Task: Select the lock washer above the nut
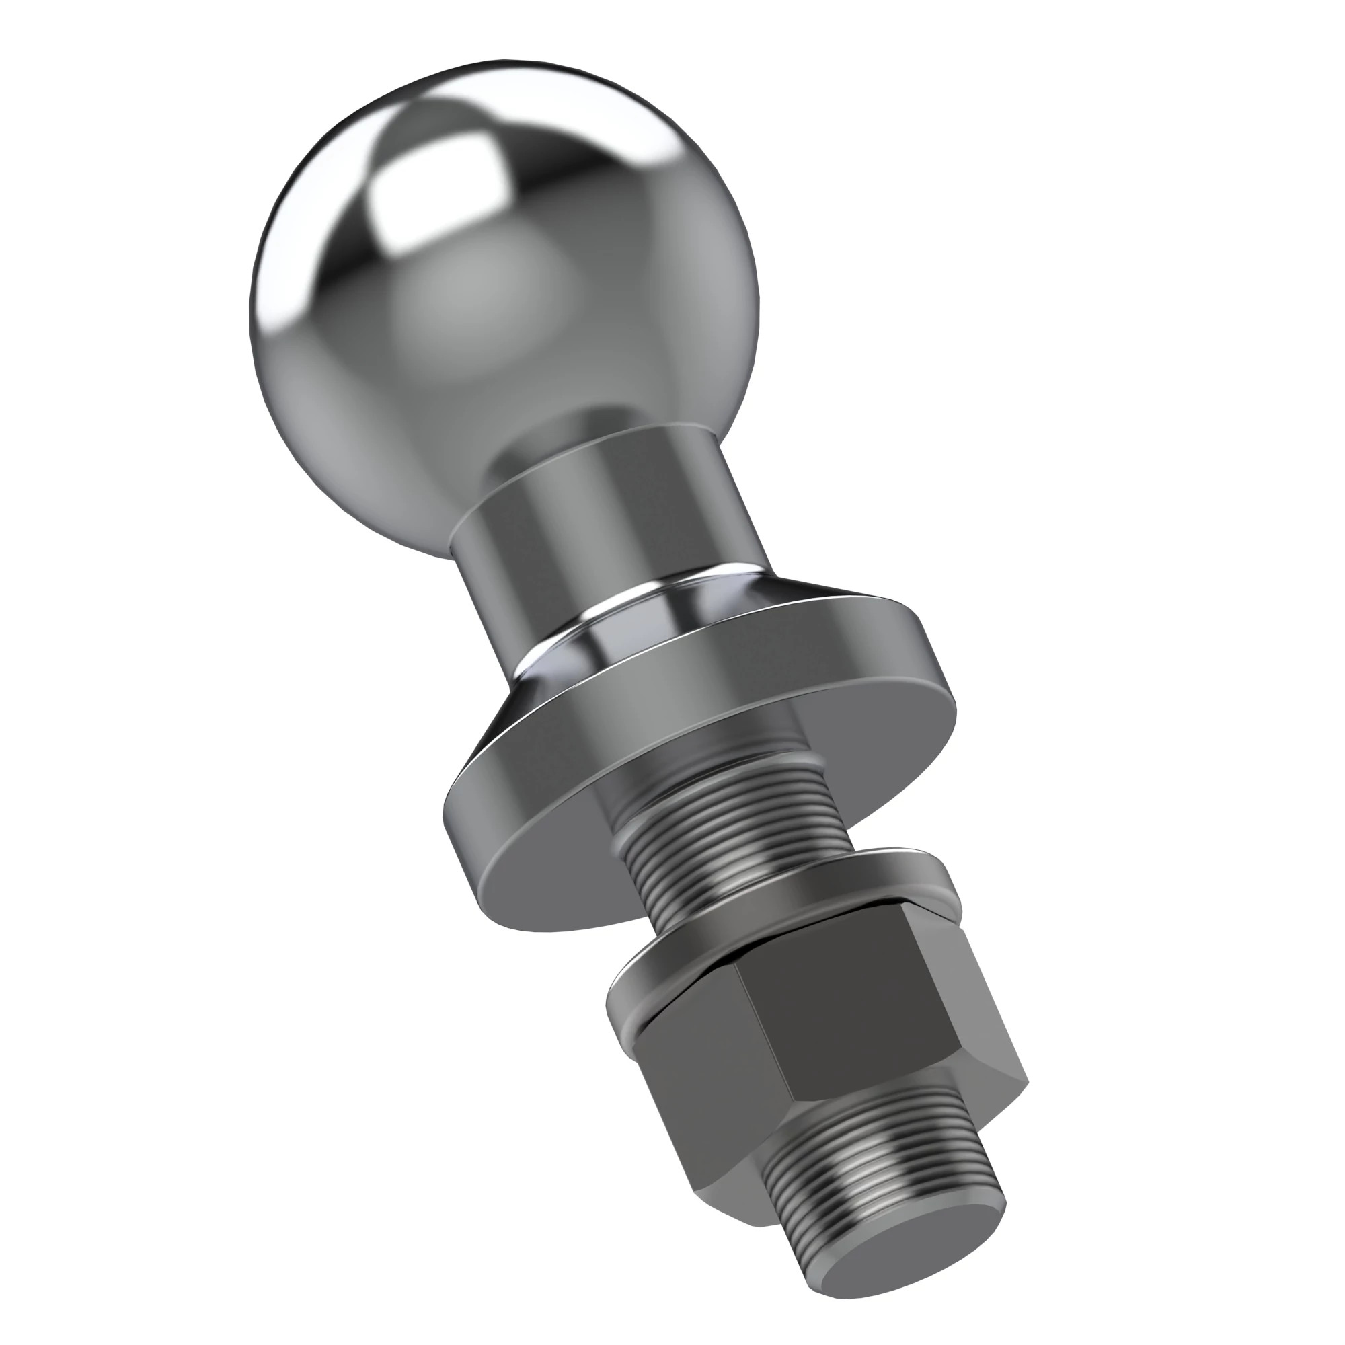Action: coord(779,926)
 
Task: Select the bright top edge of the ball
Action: coord(501,70)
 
